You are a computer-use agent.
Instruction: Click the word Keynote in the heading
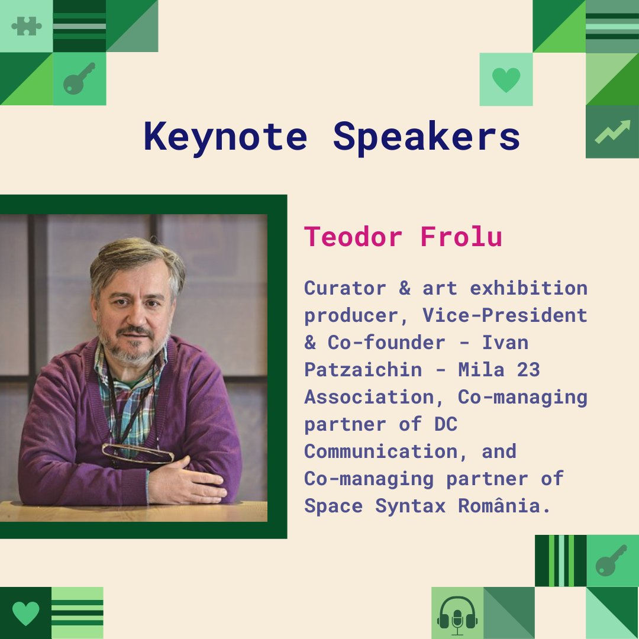(225, 137)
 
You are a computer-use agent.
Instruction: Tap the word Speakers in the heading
(427, 137)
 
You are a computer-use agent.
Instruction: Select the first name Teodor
(353, 237)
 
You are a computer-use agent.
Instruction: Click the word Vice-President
(505, 315)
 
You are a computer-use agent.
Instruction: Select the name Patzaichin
(363, 370)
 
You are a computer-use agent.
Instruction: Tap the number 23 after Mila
(528, 370)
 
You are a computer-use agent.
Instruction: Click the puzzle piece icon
(26, 26)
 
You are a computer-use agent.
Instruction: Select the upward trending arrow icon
(612, 132)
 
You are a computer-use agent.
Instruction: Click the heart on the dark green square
(25, 614)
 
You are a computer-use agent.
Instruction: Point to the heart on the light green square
(506, 79)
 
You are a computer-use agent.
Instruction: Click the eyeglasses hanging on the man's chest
(138, 453)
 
